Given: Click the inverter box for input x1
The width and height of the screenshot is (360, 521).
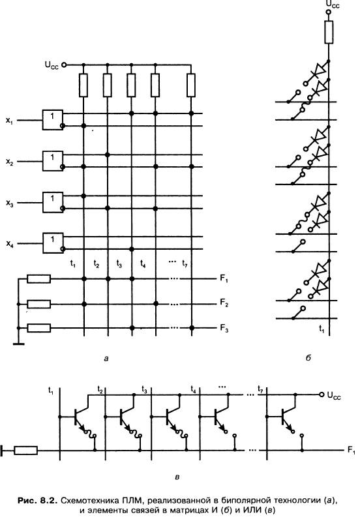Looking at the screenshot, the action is click(x=53, y=119).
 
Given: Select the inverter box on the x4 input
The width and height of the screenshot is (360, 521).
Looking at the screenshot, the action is click(x=53, y=243).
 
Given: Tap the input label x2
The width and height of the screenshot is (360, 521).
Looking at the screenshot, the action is click(x=9, y=162).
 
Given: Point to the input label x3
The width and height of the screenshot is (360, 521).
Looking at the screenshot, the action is click(x=9, y=203).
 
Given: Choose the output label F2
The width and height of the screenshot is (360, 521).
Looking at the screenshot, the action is click(x=224, y=303).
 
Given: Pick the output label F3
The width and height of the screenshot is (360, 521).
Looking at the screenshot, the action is click(x=224, y=328).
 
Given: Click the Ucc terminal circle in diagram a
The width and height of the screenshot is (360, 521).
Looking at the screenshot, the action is click(x=64, y=65).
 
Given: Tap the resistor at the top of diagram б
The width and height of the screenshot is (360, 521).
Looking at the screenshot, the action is click(x=329, y=32).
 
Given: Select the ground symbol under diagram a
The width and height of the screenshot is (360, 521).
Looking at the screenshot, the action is click(x=19, y=344).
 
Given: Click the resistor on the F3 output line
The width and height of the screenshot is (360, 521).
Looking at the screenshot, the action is click(x=38, y=328).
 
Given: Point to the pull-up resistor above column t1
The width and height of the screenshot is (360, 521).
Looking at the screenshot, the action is click(x=83, y=85).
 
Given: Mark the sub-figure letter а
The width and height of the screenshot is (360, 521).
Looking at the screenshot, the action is click(x=106, y=358).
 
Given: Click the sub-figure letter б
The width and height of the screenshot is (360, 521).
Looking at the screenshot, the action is click(x=308, y=358).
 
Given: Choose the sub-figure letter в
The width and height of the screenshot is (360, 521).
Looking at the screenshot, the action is click(x=177, y=477).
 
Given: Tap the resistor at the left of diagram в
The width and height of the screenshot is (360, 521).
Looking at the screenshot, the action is click(x=25, y=451).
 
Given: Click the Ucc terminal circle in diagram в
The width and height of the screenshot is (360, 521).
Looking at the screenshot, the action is click(x=322, y=394).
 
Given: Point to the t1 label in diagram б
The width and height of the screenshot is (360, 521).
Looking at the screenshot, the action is click(x=322, y=329).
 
